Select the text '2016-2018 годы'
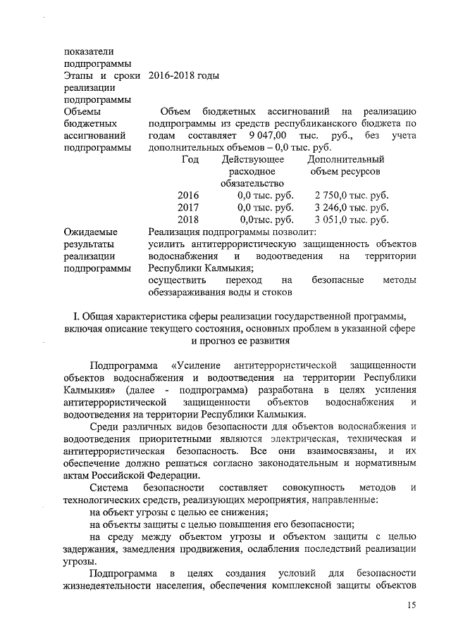[185, 75]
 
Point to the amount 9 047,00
[262, 134]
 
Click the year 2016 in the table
[188, 195]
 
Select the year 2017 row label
[188, 207]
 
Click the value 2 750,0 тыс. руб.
[352, 195]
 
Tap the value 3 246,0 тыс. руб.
[352, 207]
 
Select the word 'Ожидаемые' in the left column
[90, 232]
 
